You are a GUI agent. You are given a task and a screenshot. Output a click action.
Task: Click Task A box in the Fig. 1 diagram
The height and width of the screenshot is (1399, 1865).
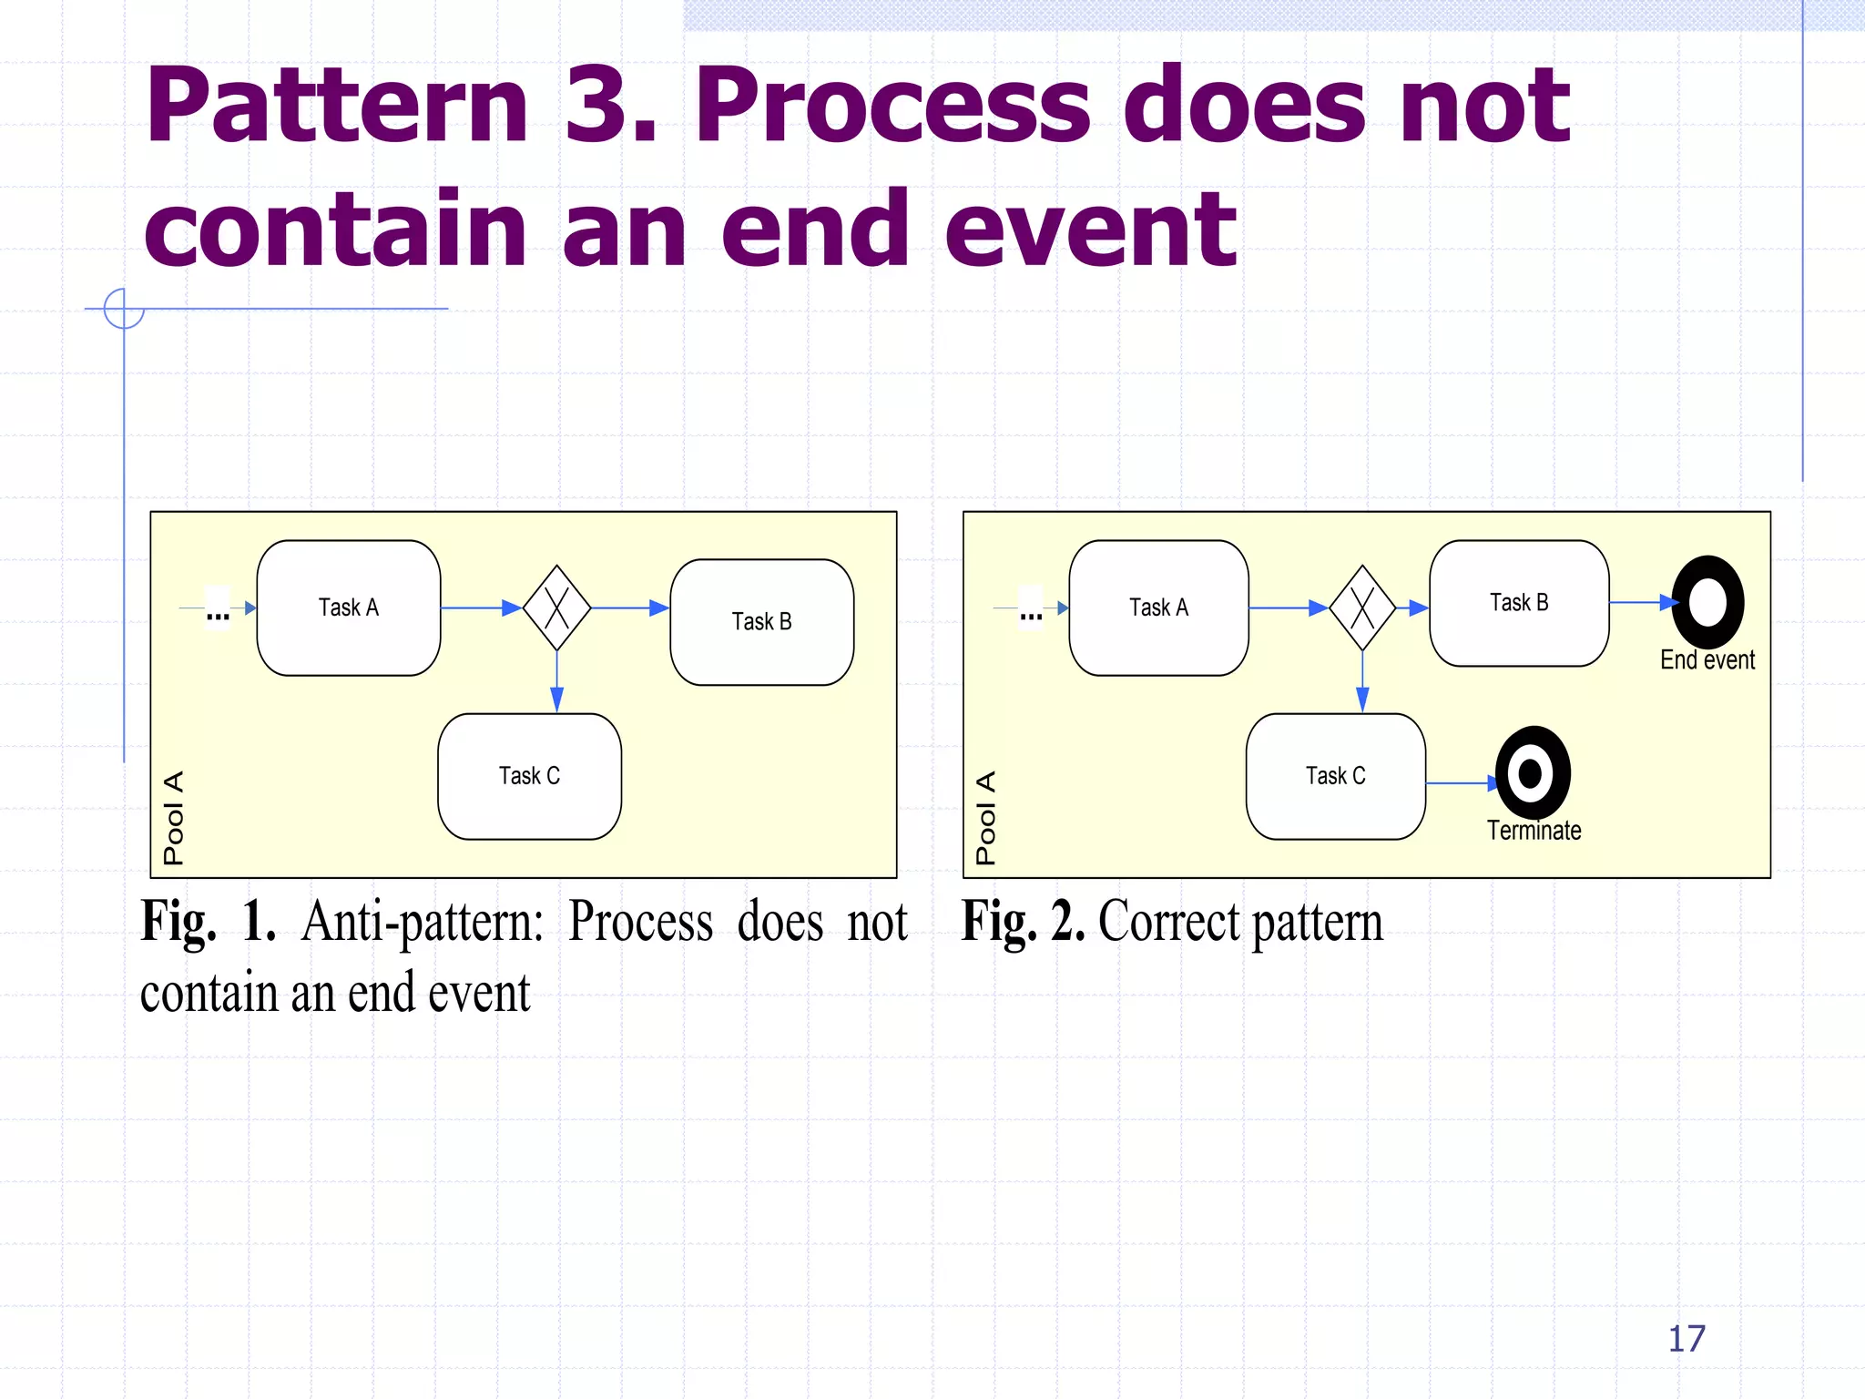349,608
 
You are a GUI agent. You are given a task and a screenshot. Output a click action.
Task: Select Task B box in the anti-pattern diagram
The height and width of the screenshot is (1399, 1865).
761,622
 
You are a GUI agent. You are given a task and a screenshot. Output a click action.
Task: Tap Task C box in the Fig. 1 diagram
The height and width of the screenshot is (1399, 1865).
529,776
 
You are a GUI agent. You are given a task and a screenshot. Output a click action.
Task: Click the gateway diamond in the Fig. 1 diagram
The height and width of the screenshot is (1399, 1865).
556,608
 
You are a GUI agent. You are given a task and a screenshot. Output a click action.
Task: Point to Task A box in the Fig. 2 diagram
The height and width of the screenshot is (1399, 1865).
1158,608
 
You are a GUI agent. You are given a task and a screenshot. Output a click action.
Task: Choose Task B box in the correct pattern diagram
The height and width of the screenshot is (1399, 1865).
1519,603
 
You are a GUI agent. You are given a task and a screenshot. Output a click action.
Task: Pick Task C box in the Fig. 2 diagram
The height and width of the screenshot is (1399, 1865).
1335,776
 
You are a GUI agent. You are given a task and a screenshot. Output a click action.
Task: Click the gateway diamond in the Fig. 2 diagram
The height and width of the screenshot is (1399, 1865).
1362,608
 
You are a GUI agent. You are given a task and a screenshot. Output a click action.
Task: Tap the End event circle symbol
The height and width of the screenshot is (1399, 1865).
1707,602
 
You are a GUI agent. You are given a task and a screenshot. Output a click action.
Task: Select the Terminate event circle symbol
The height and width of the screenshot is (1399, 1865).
1533,773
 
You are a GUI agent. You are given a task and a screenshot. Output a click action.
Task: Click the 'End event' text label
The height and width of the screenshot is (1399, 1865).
1707,660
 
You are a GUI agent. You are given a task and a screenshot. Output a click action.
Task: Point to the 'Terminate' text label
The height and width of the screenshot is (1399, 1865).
1534,831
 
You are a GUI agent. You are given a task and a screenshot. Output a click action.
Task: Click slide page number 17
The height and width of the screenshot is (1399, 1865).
1687,1339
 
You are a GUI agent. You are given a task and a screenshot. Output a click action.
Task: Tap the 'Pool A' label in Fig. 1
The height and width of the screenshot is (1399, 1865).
173,817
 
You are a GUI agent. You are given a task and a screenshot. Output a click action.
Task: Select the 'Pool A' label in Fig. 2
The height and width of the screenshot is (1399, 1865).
985,817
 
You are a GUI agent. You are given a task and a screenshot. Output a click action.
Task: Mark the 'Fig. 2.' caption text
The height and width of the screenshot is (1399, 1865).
1023,922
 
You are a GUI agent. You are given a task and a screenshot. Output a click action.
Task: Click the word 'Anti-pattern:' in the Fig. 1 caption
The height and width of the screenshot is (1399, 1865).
423,922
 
